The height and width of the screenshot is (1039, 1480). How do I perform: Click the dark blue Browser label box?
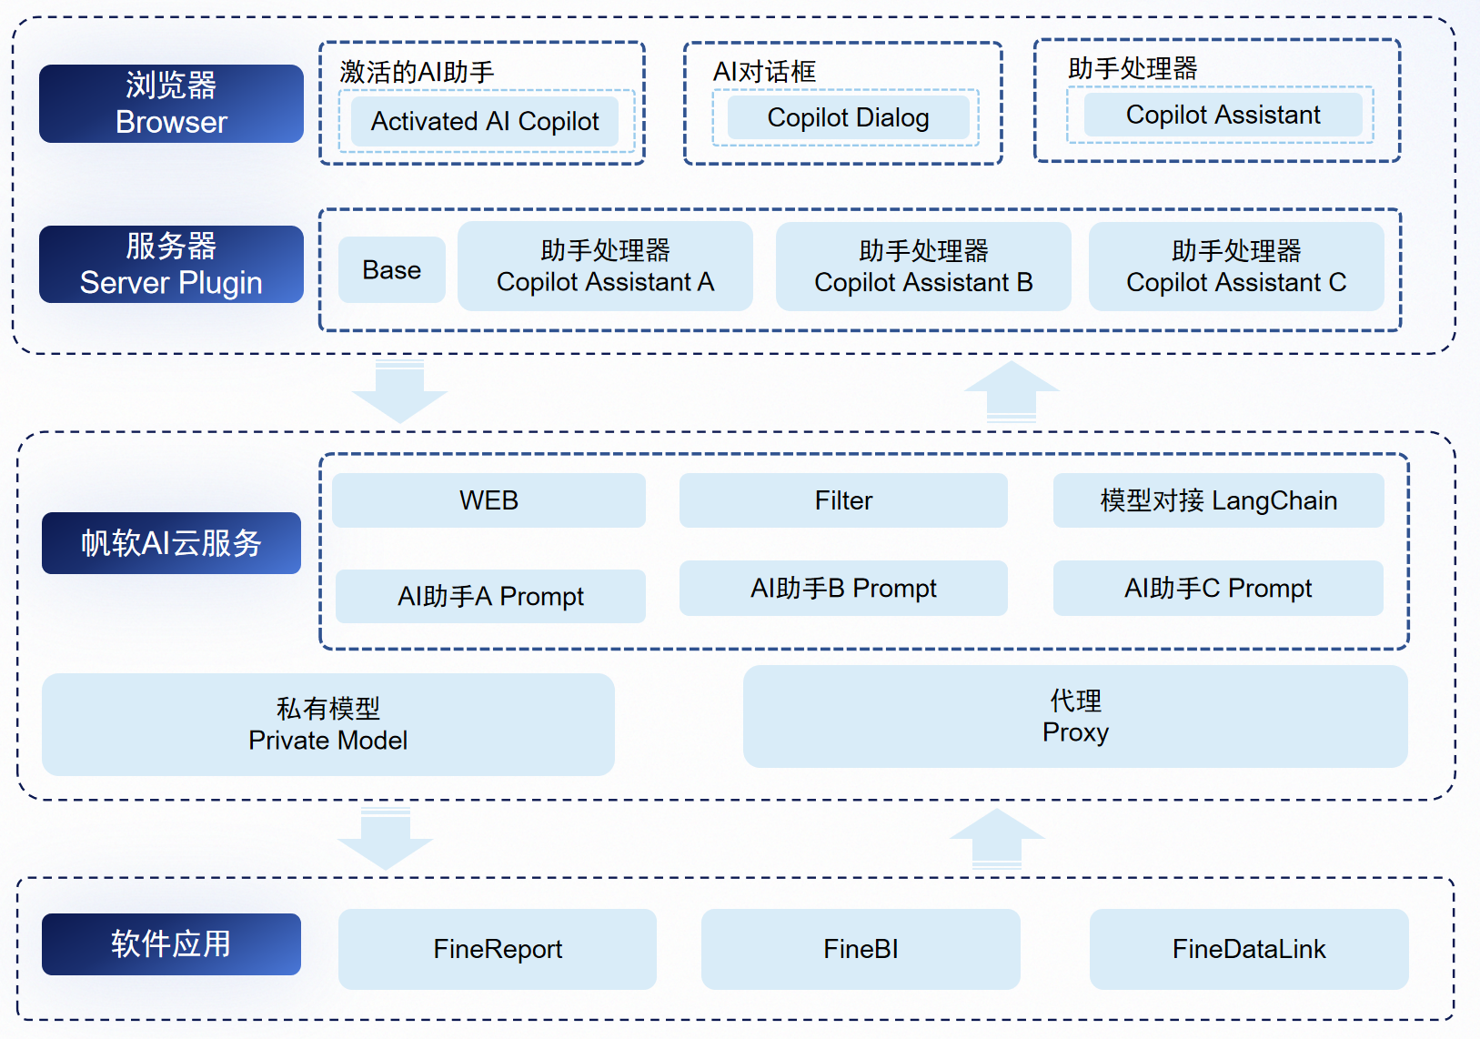pos(171,104)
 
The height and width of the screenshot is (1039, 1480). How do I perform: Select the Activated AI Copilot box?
pos(484,121)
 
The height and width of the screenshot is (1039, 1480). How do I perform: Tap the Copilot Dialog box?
pos(847,117)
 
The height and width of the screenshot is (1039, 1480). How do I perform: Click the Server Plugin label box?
pos(171,265)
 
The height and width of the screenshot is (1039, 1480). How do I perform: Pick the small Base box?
pos(391,270)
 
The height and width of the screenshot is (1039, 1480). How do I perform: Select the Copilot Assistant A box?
pos(605,267)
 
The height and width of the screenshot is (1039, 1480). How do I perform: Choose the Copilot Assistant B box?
pos(922,267)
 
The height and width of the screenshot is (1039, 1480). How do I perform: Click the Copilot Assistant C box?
pos(1235,267)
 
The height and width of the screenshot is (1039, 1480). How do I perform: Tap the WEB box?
pos(488,500)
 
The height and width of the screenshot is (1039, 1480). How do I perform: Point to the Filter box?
pos(843,500)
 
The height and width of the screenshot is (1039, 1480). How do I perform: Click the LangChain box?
pos(1218,500)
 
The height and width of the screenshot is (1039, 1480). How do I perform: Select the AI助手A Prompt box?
pos(490,596)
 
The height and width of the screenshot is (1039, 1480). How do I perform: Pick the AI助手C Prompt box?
pos(1218,589)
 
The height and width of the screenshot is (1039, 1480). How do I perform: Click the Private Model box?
pos(327,724)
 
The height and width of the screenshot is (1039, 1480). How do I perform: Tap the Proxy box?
pos(1075,716)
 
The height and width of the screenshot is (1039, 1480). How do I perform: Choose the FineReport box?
pos(498,949)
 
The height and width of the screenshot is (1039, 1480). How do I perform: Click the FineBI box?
pos(861,949)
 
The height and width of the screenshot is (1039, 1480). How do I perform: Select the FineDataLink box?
pos(1249,949)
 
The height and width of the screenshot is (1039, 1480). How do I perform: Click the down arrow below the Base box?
pos(399,391)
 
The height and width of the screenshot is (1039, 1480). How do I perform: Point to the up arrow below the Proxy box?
pos(997,837)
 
